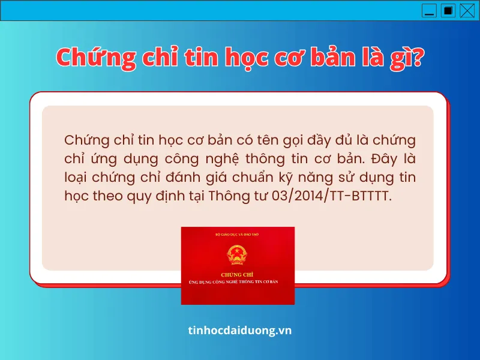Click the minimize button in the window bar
[429, 10]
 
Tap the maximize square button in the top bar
[448, 10]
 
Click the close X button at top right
[466, 10]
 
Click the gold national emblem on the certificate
[238, 256]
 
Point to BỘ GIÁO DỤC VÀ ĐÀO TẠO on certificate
[238, 233]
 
